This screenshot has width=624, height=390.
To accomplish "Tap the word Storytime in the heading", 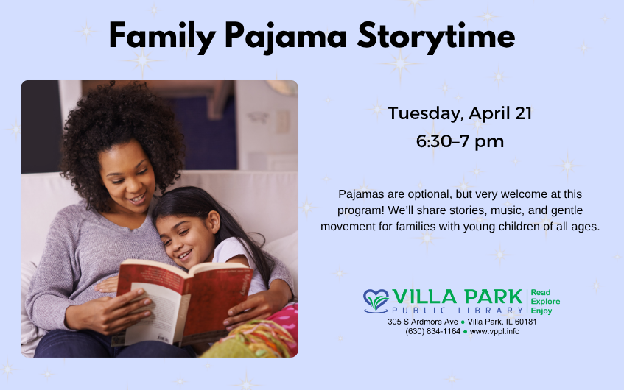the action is (x=436, y=37).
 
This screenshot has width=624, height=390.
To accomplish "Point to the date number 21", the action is (x=523, y=113).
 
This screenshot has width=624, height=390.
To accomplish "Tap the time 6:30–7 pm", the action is (x=460, y=141).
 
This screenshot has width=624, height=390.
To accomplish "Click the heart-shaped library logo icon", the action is (x=376, y=301).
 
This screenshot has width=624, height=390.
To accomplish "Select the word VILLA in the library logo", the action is (x=424, y=297).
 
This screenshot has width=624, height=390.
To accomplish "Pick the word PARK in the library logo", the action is (x=493, y=297).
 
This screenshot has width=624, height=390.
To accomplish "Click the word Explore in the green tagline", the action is (x=545, y=302).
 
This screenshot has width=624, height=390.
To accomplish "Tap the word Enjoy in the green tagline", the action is (x=541, y=311).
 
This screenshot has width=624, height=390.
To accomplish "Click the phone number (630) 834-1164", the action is (x=433, y=332).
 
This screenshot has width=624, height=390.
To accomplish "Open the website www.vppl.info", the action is (x=494, y=332).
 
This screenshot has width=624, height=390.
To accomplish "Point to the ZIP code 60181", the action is (x=526, y=322).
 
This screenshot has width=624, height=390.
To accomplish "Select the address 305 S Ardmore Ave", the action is (x=423, y=322).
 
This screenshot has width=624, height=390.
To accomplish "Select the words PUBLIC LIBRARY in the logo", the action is (x=458, y=311).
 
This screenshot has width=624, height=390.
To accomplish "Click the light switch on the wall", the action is (x=283, y=121).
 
